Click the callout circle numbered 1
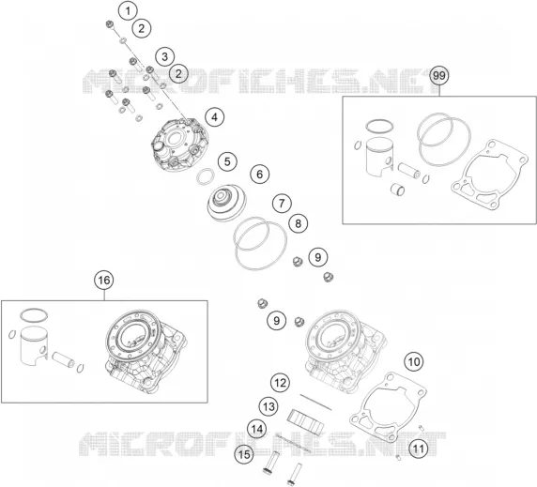[x=128, y=11]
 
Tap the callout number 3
[x=164, y=56]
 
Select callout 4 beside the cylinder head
[x=214, y=117]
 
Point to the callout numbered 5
[x=227, y=161]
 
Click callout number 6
[x=260, y=175]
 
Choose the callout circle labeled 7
[x=282, y=204]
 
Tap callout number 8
[x=298, y=224]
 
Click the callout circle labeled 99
[x=439, y=75]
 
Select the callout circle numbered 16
[x=104, y=281]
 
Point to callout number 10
[x=414, y=361]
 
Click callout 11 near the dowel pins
[x=419, y=449]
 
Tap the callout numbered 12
[x=280, y=383]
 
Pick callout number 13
[x=268, y=406]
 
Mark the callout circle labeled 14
[x=257, y=429]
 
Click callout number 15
[x=244, y=455]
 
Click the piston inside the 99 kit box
[x=377, y=158]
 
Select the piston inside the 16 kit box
[x=33, y=345]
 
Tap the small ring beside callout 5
[x=206, y=175]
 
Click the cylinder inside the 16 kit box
[x=146, y=353]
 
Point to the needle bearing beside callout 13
[x=305, y=419]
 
